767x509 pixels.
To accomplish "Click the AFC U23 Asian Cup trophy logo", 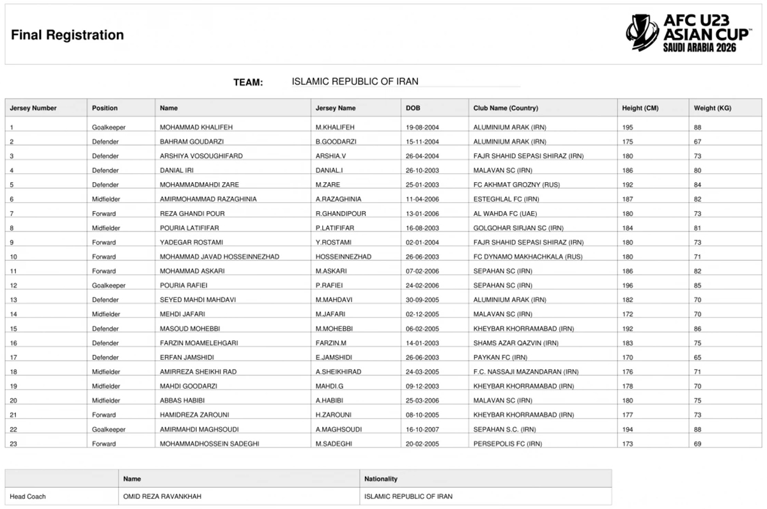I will (x=642, y=33).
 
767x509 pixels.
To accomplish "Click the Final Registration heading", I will (x=67, y=35).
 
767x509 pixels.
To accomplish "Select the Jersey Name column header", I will (x=335, y=108).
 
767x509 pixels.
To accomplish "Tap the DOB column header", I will (x=413, y=108).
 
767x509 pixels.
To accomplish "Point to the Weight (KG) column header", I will (x=712, y=108).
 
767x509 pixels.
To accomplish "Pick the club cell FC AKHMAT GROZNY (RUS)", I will (x=516, y=185).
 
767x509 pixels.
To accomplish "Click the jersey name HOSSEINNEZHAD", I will (x=343, y=257).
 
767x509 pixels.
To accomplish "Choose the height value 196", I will (x=628, y=286).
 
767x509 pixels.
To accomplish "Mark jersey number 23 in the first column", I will (x=13, y=444).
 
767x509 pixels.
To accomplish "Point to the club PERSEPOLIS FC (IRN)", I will (x=507, y=444).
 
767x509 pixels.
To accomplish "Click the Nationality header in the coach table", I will (x=380, y=478).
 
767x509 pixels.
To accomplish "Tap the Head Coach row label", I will (x=27, y=496).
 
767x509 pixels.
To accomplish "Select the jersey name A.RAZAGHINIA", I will (x=338, y=200).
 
